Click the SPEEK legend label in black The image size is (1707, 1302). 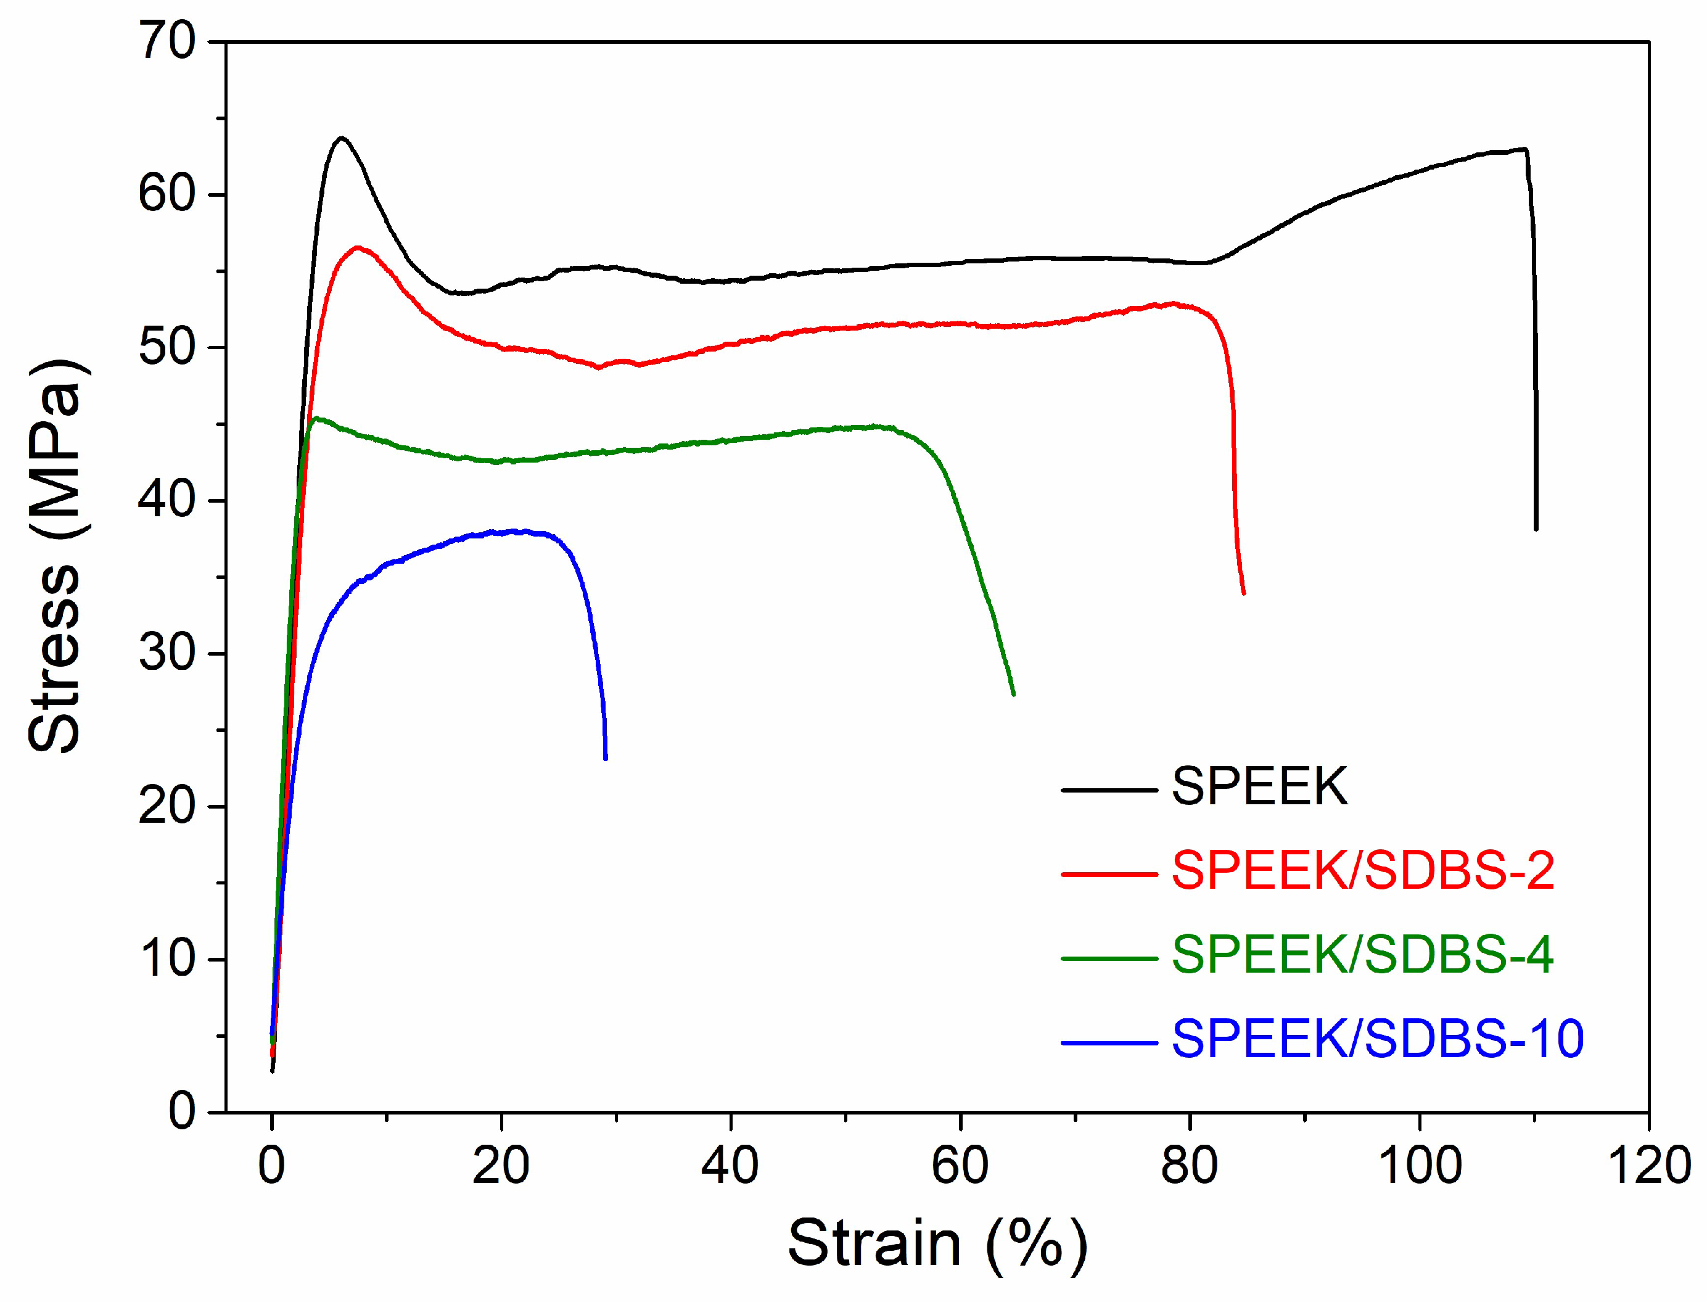(x=1259, y=788)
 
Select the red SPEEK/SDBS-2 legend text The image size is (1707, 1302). (x=1362, y=871)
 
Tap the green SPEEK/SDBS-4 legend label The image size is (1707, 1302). (x=1362, y=955)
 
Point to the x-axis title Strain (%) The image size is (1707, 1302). (x=937, y=1243)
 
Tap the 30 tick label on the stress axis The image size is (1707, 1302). (x=167, y=653)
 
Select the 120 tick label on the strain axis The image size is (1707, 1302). (x=1649, y=1165)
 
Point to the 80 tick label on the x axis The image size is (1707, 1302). (x=1190, y=1165)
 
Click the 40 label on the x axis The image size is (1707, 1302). (x=730, y=1165)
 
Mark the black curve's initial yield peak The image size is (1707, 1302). (x=341, y=138)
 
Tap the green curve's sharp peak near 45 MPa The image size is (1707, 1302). (x=315, y=419)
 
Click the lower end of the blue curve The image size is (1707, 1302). (x=605, y=757)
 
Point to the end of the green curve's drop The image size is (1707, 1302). (x=1013, y=694)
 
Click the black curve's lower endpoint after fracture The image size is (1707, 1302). (x=1535, y=529)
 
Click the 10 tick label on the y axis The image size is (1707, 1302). (x=167, y=958)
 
